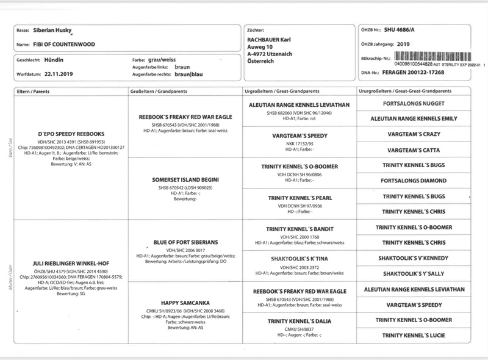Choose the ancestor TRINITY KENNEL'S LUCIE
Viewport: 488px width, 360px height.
(415, 334)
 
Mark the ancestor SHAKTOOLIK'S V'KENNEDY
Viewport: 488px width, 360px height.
(415, 258)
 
